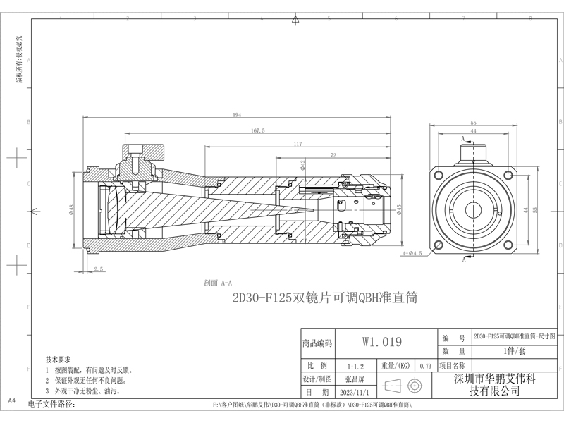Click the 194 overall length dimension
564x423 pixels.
tap(236, 114)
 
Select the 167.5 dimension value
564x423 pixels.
tap(257, 130)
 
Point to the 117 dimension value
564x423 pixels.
tap(297, 145)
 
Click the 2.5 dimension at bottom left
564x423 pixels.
tap(98, 269)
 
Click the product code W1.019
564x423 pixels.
tap(382, 343)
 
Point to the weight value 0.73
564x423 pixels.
tap(424, 367)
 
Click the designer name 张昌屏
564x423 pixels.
tap(350, 379)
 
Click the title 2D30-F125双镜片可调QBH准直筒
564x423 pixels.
tap(325, 298)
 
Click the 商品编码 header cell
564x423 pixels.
tap(317, 343)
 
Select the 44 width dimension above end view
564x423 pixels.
tap(473, 131)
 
